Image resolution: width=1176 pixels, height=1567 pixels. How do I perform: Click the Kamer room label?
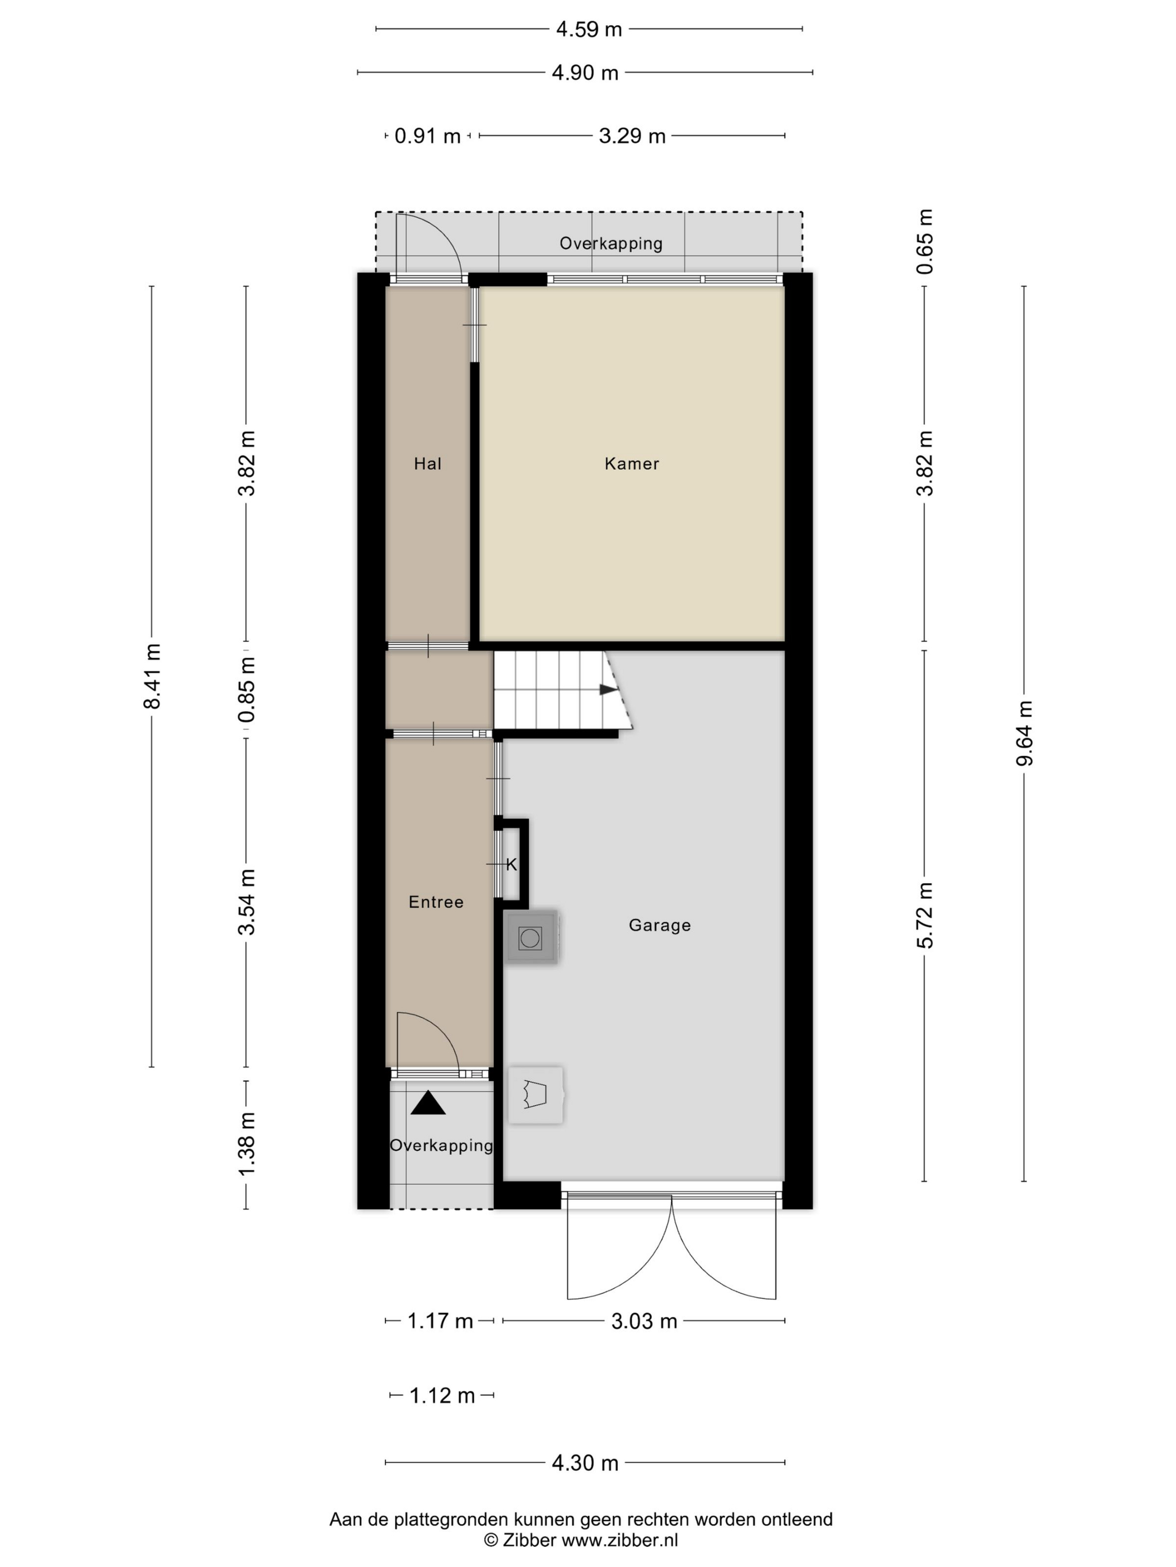(x=632, y=463)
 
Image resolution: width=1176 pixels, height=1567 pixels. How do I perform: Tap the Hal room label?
(x=427, y=463)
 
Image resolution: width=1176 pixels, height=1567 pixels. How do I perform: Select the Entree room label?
(x=436, y=902)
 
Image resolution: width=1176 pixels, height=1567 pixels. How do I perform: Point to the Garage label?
(x=659, y=925)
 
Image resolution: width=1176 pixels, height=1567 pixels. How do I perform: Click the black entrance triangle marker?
(x=428, y=1103)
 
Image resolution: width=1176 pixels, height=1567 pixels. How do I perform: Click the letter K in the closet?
(x=512, y=865)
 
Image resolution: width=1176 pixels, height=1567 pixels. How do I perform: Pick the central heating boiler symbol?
(x=536, y=1095)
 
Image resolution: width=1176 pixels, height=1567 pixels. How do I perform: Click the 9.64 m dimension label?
(x=1024, y=733)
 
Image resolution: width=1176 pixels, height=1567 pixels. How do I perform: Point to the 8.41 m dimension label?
(x=152, y=676)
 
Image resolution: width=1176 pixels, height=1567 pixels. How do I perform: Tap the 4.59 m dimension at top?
(x=589, y=29)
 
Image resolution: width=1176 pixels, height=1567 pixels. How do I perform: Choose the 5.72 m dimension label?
(x=925, y=916)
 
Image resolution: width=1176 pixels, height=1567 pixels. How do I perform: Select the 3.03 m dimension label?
(x=645, y=1321)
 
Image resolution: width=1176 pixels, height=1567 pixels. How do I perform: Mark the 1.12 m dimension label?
(x=442, y=1396)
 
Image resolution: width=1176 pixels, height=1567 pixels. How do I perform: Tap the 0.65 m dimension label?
(x=925, y=242)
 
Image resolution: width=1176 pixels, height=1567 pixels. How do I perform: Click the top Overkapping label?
(x=611, y=243)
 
